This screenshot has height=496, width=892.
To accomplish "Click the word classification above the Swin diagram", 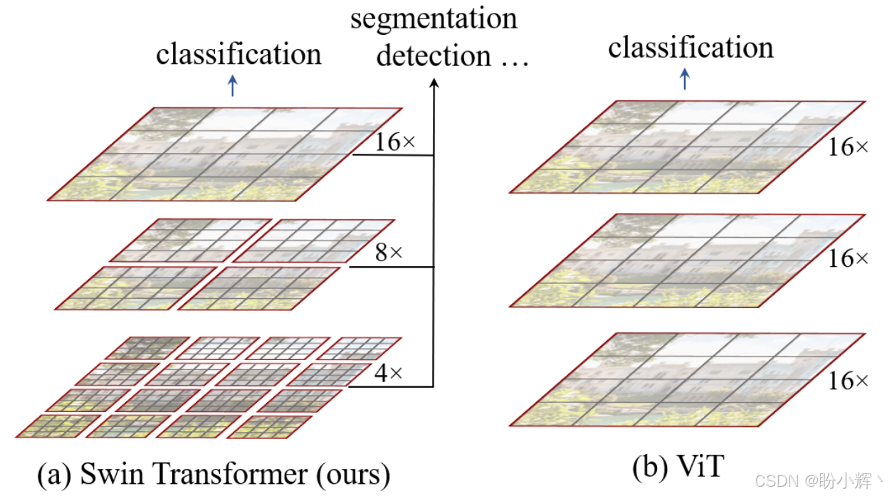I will tap(238, 54).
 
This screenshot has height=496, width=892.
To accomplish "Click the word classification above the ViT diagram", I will tap(691, 48).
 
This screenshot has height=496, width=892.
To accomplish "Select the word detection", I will tap(434, 56).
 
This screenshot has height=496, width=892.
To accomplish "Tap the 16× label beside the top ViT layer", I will tap(848, 147).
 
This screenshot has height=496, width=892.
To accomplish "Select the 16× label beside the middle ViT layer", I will tap(848, 258).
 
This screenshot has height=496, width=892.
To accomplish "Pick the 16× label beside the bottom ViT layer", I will tap(848, 381).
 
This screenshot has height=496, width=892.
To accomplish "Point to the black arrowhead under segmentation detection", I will tap(434, 83).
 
